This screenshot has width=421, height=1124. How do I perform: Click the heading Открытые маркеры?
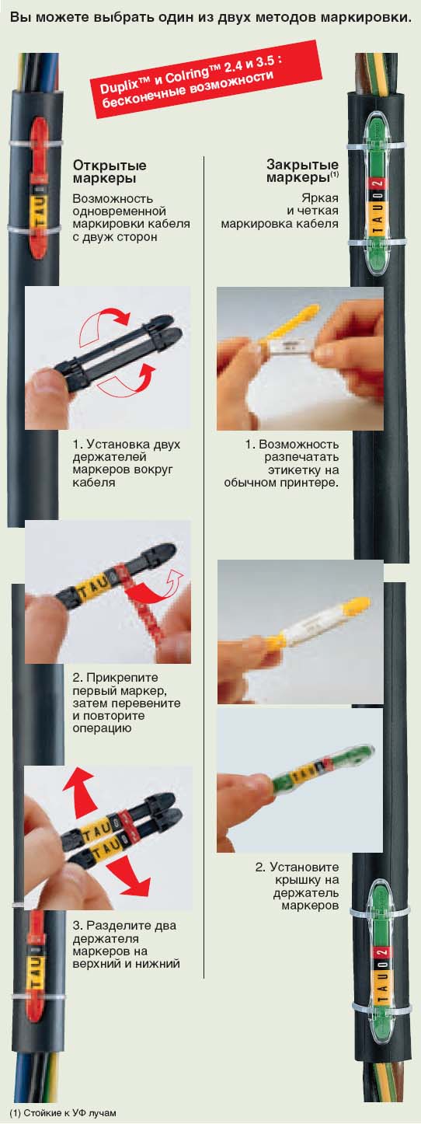tap(110, 172)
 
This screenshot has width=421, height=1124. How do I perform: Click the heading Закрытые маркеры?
tap(302, 171)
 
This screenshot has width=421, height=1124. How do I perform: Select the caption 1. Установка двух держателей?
tap(127, 463)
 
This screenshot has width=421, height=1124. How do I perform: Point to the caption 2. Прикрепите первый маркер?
tap(127, 703)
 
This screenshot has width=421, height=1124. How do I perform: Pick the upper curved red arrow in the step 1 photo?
tap(104, 326)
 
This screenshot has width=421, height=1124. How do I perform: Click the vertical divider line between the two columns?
tap(204, 567)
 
